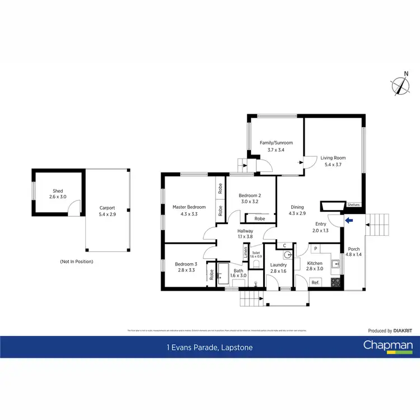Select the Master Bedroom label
pos(189,207)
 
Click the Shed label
pos(58,191)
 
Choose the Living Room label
pos(333,158)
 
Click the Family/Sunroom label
pos(276,143)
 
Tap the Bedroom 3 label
pos(185,264)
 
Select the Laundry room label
pos(278,265)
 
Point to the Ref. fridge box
pos(315,283)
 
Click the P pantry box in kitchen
pos(315,249)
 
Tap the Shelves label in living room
pos(353,205)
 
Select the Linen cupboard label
pos(245,253)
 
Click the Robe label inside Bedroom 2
pos(259,218)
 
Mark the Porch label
pos(354,249)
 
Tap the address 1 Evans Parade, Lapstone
pos(210,348)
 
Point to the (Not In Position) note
pos(76,262)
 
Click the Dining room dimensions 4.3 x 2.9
pos(297,213)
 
